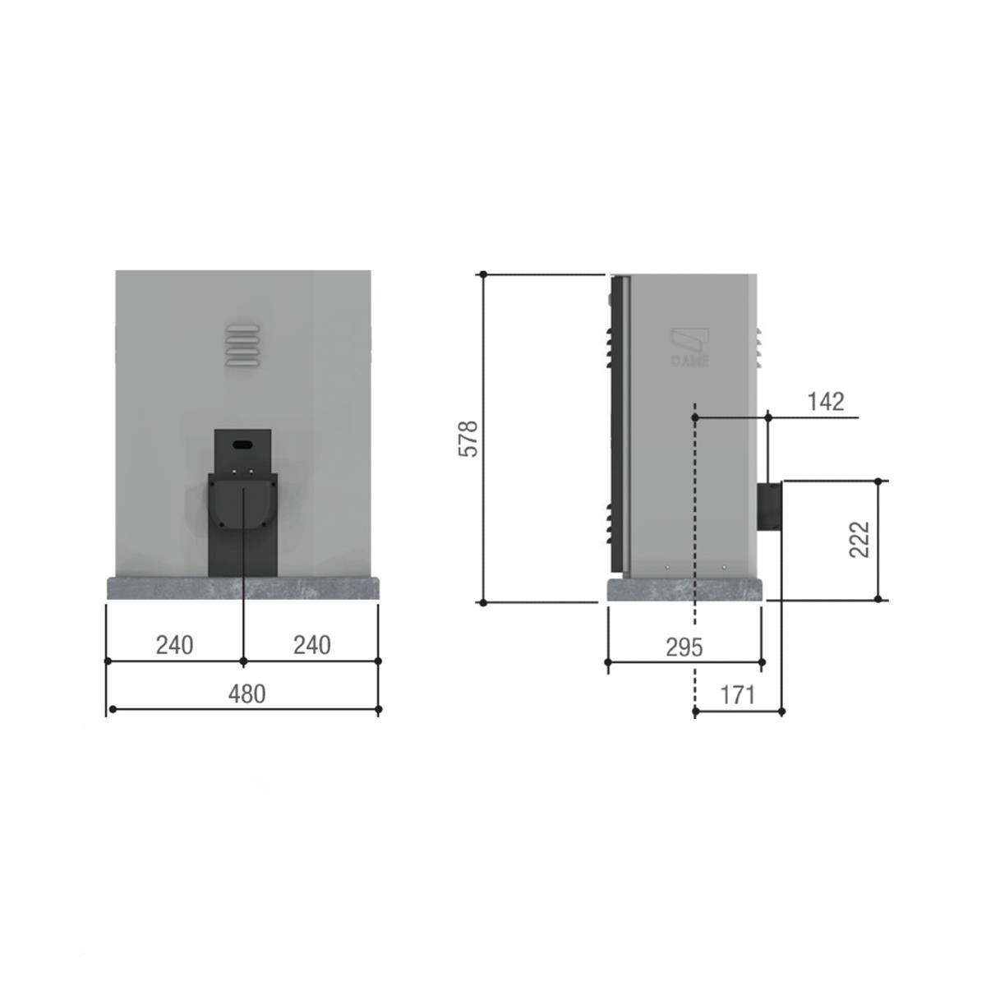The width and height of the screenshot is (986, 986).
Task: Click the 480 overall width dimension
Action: point(246,694)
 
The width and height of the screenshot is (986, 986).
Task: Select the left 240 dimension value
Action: point(174,645)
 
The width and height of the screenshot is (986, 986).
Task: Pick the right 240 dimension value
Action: point(311,645)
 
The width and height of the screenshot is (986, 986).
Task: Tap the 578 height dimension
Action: point(468,439)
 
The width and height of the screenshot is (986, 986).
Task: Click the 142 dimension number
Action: point(826,402)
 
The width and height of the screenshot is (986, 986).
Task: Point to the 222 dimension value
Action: point(859,539)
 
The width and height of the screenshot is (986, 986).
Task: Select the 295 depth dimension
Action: point(684,647)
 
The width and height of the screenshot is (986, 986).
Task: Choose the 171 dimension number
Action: point(737,695)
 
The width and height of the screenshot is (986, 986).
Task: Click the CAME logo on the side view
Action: point(689,348)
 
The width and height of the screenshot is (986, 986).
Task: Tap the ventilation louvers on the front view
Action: point(242,345)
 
